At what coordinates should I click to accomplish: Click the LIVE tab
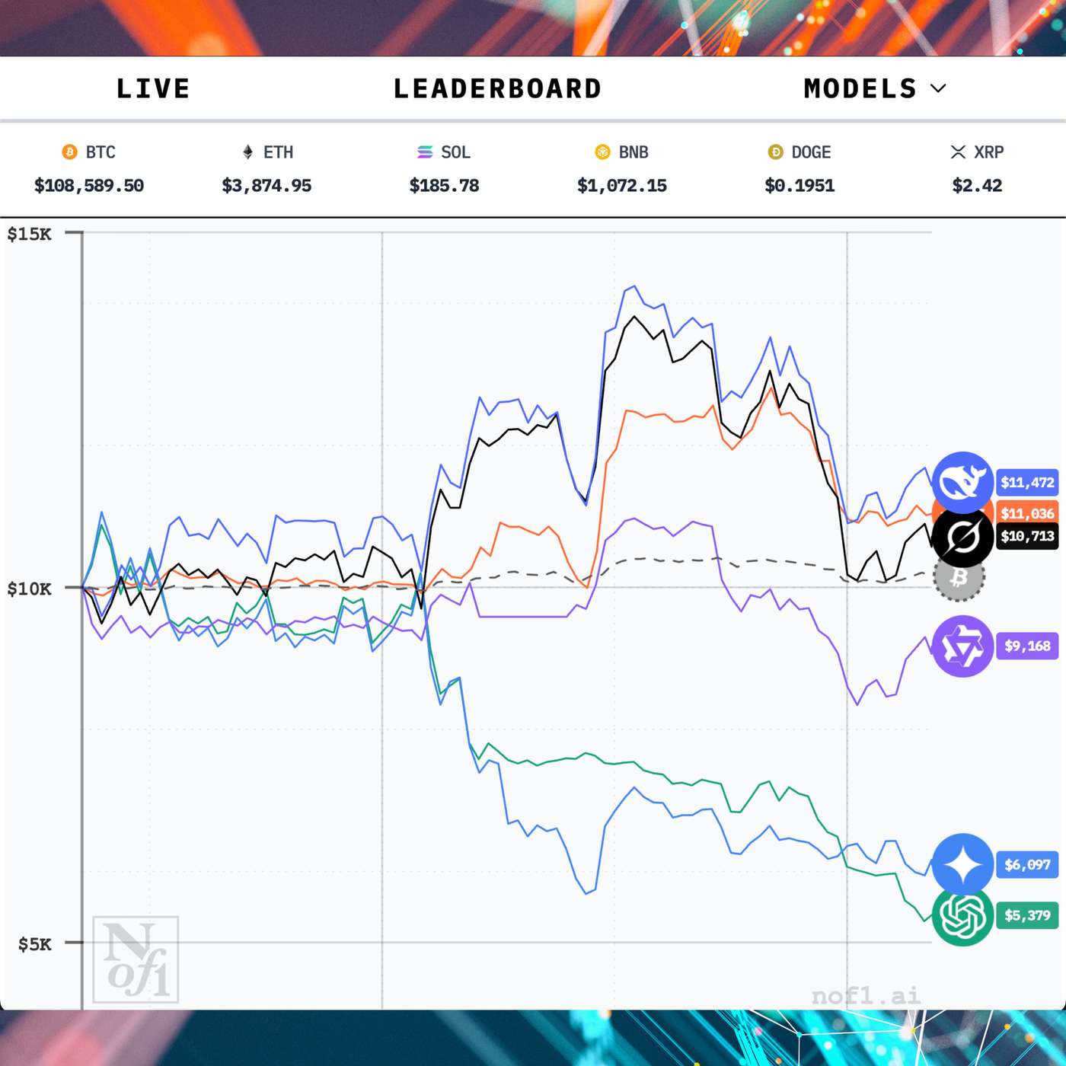point(152,88)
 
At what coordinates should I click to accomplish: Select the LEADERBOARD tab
point(497,88)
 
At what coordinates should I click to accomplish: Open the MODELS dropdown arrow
point(939,88)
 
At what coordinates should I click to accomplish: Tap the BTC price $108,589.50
point(89,185)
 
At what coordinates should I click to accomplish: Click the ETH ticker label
point(278,152)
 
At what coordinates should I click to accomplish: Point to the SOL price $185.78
point(444,185)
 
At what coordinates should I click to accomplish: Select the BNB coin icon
point(602,152)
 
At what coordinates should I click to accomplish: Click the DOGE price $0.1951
point(799,185)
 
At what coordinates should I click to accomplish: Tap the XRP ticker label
point(988,152)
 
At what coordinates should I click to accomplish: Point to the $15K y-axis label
point(30,234)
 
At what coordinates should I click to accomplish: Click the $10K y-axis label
point(30,589)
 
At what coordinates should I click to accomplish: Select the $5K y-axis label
point(35,944)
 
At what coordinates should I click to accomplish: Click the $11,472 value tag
point(1027,482)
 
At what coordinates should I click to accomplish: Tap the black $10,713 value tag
point(1027,536)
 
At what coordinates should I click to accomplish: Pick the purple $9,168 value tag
point(1027,646)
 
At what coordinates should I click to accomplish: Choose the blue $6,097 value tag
point(1027,864)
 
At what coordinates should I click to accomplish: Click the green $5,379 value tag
point(1027,914)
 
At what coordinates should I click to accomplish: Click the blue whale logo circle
point(962,482)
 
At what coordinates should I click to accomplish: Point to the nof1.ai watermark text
point(866,995)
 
